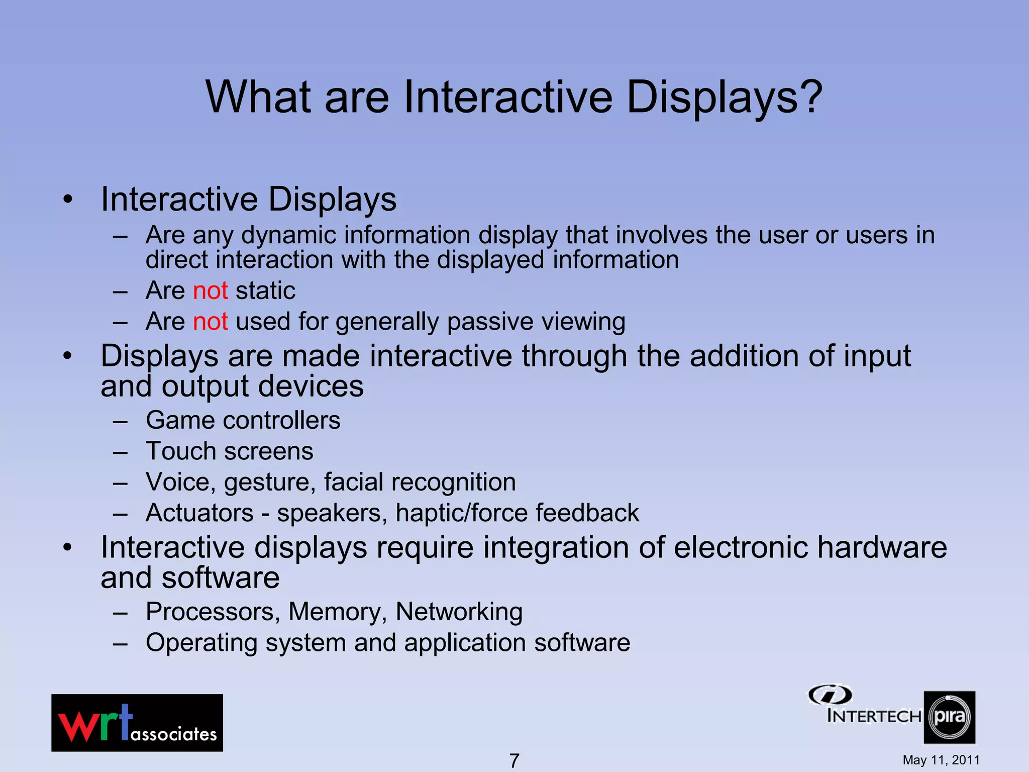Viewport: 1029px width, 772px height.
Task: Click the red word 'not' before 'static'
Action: pyautogui.click(x=211, y=291)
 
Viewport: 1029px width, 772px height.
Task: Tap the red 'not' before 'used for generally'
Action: pyautogui.click(x=211, y=322)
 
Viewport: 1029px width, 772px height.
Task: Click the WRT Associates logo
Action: pyautogui.click(x=137, y=723)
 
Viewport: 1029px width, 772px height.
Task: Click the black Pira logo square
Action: pyautogui.click(x=949, y=717)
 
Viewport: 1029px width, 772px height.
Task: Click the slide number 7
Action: pyautogui.click(x=514, y=760)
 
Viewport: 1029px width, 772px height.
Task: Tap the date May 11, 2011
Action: pyautogui.click(x=941, y=760)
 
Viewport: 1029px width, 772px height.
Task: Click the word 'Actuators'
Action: pyautogui.click(x=199, y=513)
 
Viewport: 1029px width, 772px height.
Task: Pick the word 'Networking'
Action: pyautogui.click(x=459, y=612)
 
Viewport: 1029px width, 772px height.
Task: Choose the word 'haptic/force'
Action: pyautogui.click(x=461, y=513)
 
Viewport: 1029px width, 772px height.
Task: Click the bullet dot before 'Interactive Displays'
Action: pyautogui.click(x=68, y=200)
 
